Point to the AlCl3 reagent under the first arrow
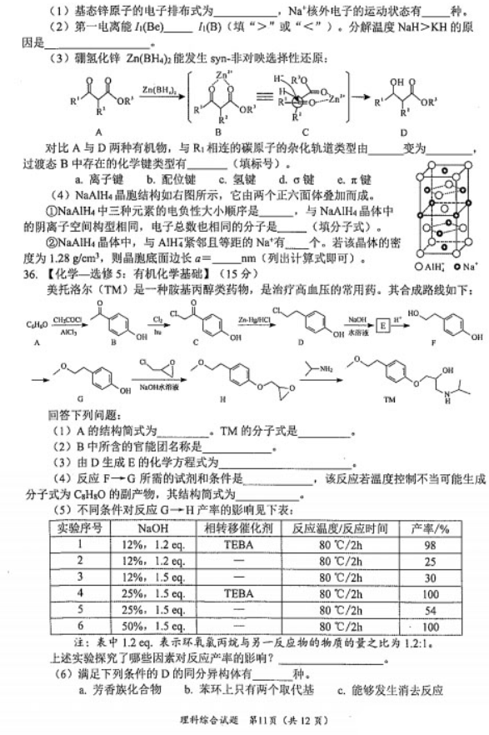coord(64,327)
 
